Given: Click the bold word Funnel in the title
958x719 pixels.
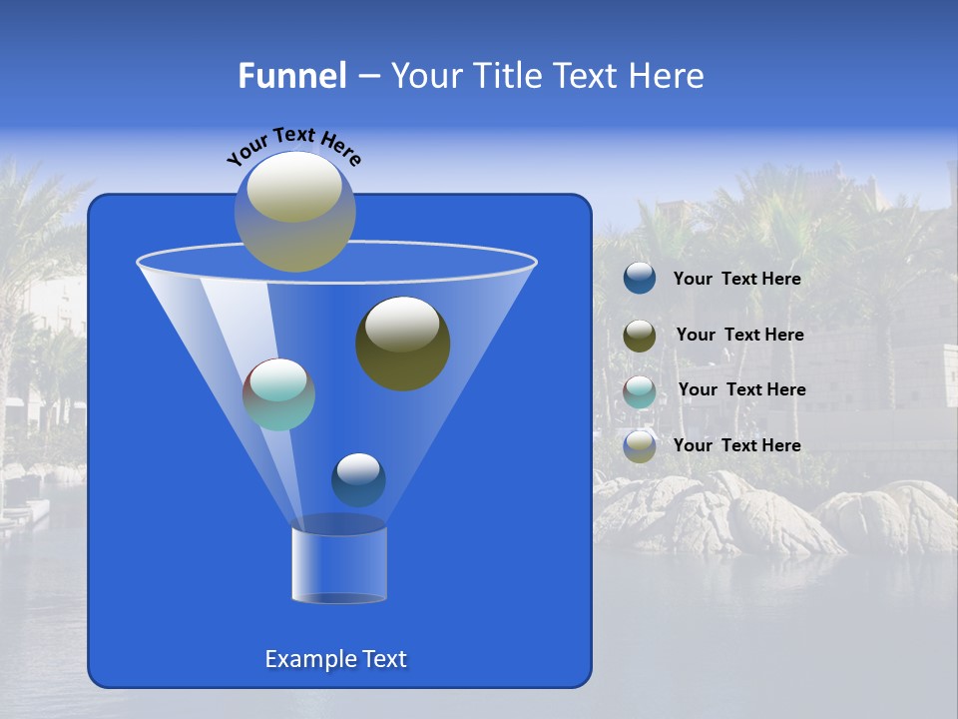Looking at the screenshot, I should tap(291, 76).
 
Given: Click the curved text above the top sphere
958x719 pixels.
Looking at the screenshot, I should tap(293, 146).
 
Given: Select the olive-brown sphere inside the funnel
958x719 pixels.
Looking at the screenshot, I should tap(402, 344).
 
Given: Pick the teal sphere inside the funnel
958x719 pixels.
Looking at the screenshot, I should tap(278, 394).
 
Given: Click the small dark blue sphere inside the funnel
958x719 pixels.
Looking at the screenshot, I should tap(358, 479).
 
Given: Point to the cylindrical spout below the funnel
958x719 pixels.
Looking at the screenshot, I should tap(338, 565).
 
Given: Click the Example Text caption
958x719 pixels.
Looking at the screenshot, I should tap(335, 659).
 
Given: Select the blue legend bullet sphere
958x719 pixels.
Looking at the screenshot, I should tap(640, 279).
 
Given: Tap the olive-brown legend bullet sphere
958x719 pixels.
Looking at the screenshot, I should tap(640, 336).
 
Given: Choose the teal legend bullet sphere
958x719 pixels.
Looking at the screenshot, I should tap(640, 391).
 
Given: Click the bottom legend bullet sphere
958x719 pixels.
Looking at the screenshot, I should tap(640, 446).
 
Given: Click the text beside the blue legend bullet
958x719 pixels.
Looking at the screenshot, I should tap(736, 280).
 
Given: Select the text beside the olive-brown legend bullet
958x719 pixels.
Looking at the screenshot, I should tap(739, 335).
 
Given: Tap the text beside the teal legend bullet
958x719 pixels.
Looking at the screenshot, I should tap(741, 389).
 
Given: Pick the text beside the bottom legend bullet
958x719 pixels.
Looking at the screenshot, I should tap(736, 445).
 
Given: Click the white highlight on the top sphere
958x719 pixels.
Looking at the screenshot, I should tap(293, 186).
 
